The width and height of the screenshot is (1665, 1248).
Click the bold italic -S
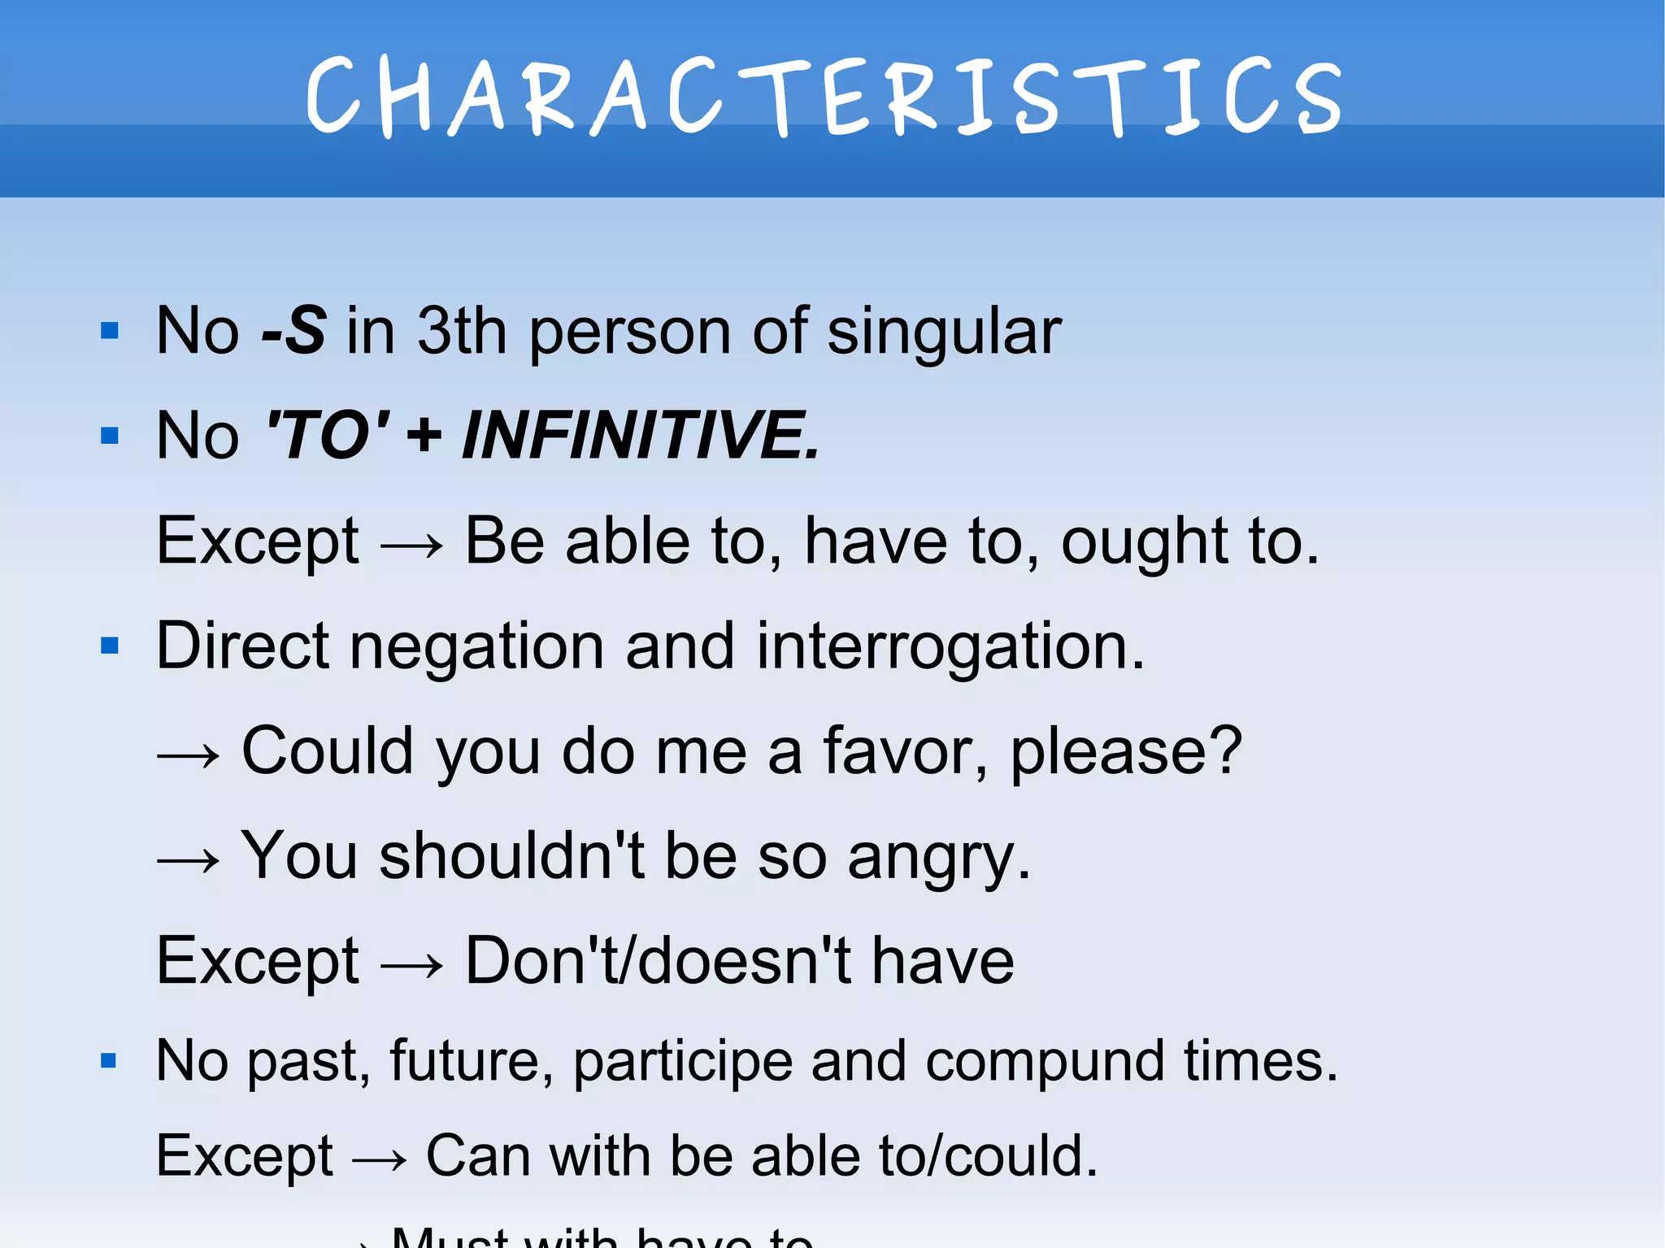[x=293, y=331]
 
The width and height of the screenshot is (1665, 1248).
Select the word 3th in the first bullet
[x=462, y=331]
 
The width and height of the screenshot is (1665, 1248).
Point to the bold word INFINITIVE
[x=640, y=435]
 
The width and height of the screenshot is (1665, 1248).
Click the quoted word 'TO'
[x=328, y=435]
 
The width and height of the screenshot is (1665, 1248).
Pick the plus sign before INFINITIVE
[x=424, y=437]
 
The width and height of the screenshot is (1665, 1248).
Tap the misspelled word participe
[x=683, y=1063]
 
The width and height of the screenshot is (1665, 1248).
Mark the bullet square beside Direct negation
[x=110, y=646]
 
